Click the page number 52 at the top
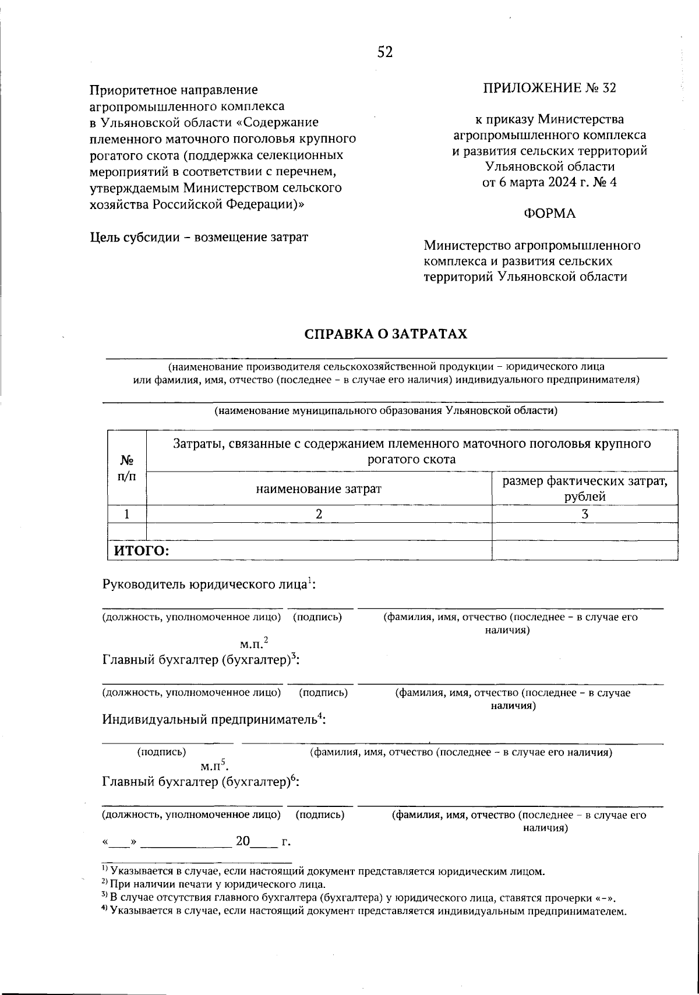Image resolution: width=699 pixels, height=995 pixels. pos(385,52)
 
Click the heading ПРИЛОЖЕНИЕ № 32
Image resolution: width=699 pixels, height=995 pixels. pos(549,88)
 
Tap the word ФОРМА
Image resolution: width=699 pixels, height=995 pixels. pos(549,214)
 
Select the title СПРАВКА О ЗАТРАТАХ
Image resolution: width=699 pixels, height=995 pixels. pos(386,334)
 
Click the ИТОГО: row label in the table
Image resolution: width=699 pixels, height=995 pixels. pos(141,551)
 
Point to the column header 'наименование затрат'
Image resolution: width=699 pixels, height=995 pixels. pos(319,488)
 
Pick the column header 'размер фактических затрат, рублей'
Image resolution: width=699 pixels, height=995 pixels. pos(584,488)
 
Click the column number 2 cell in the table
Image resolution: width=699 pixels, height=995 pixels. pos(319,514)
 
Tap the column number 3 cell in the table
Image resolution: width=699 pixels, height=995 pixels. pos(585,514)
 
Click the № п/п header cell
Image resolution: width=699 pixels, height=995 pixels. pos(127,468)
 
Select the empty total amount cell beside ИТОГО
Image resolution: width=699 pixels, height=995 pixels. pos(585,551)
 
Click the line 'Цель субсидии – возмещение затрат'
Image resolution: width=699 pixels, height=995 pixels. pos(199,238)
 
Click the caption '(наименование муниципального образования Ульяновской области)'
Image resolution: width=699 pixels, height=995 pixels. pos(386,411)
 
